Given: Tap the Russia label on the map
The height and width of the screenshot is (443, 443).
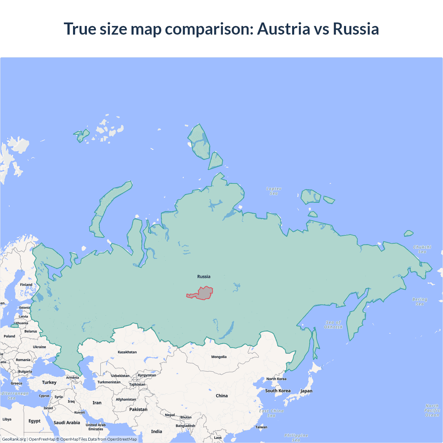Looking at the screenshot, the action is click(204, 277).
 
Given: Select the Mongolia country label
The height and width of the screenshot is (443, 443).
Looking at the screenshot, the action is click(219, 357).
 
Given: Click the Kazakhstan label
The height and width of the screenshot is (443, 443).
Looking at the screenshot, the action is click(127, 352).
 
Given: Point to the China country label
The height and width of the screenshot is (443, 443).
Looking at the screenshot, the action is click(222, 396).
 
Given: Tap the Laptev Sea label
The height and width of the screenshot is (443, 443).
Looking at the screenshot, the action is click(274, 191).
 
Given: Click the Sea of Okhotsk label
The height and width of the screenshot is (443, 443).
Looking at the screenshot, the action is click(333, 325).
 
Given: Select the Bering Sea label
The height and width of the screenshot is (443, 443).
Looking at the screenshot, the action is click(419, 301).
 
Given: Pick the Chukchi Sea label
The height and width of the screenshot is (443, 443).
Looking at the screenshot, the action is click(422, 249).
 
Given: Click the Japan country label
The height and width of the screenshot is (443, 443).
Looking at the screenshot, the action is click(306, 391).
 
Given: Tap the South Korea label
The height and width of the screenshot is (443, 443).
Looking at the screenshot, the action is click(278, 391).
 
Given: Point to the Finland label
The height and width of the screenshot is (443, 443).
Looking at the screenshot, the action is click(26, 284).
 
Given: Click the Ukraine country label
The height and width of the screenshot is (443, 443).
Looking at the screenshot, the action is click(39, 347).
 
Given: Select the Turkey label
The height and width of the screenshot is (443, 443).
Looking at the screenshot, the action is click(49, 382).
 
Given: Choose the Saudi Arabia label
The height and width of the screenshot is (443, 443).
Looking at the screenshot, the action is click(67, 423).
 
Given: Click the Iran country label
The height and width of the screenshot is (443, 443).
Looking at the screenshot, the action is click(97, 403).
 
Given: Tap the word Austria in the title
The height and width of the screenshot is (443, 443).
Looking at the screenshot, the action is click(284, 29).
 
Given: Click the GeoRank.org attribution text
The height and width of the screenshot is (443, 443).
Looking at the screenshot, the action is click(14, 439).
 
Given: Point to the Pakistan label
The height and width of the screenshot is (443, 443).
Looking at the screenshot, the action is click(138, 409).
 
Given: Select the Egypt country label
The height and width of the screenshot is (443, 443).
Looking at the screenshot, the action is click(35, 421).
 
